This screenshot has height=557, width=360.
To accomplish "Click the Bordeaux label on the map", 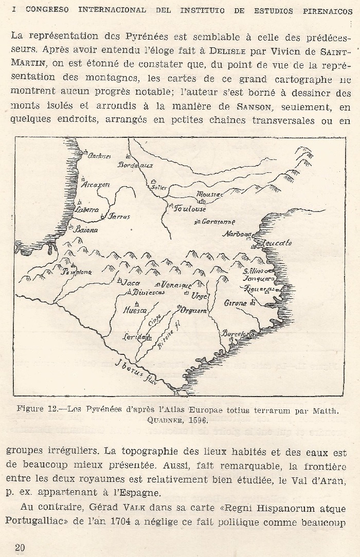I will point(136,165).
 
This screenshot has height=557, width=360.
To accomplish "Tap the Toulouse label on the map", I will point(190,209).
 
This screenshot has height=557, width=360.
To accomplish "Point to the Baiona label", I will point(86,230).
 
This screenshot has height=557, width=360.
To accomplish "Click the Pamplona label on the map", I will point(78,272).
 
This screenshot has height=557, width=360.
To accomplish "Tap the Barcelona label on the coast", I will point(238,333).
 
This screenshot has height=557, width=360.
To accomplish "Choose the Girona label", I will point(236,303).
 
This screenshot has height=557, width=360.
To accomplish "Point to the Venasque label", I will point(176,285).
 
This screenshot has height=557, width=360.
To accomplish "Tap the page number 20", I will point(20,547).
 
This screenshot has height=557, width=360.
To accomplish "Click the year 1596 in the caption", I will point(194,421).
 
